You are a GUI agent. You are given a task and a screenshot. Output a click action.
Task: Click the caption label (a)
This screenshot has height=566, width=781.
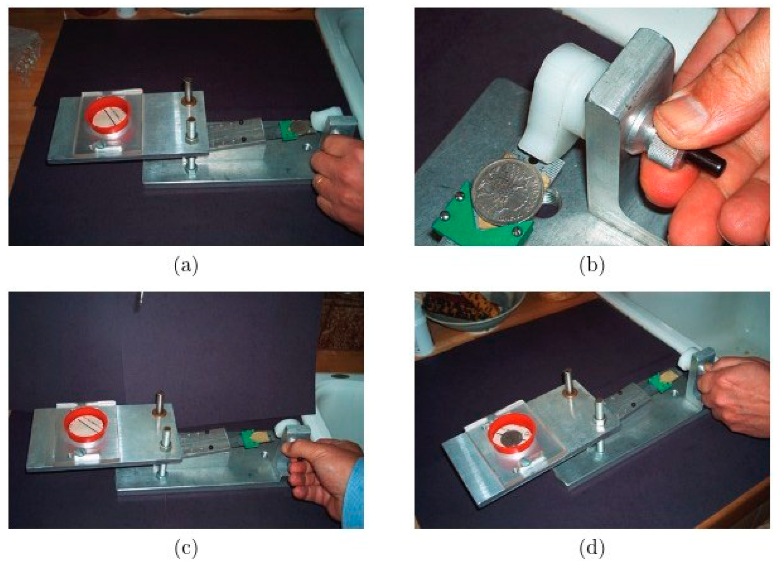pyautogui.click(x=186, y=266)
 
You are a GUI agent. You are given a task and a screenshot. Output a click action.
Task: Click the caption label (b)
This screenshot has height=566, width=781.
pyautogui.click(x=592, y=266)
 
